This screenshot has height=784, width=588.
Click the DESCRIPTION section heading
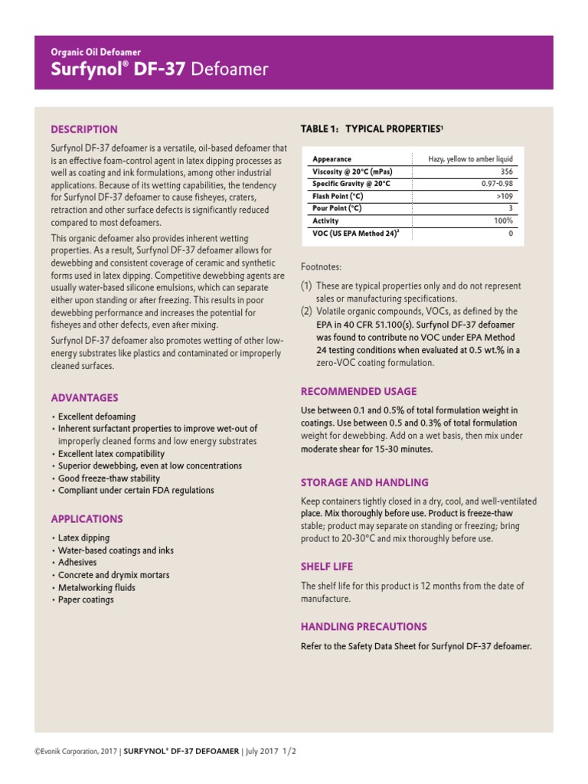[x=84, y=129]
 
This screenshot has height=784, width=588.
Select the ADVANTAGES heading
[x=84, y=398]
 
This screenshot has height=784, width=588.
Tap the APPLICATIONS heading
[x=87, y=519]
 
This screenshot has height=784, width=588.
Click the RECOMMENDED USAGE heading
[x=358, y=391]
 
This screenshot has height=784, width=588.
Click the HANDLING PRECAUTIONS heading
[x=364, y=627]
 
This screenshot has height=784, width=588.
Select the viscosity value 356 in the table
[x=506, y=171]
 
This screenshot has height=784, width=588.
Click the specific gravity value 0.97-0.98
[x=497, y=184]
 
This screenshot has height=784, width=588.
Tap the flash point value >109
[x=505, y=196]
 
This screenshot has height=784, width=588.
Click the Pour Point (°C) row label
[x=337, y=208]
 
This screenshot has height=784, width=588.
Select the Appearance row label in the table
[x=332, y=159]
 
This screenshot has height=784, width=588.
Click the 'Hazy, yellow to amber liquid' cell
[x=470, y=159]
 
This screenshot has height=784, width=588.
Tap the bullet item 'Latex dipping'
[x=83, y=538]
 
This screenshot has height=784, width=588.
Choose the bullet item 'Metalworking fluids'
[x=96, y=587]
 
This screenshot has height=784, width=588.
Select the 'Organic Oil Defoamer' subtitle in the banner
[x=96, y=52]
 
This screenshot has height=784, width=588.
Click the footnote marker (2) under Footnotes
[x=306, y=312]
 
